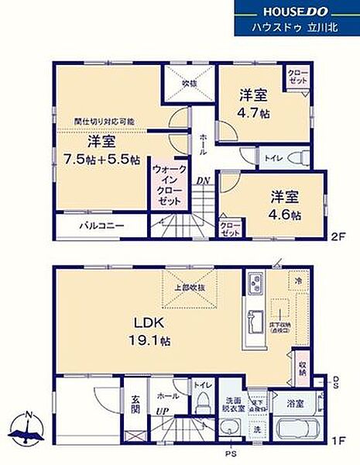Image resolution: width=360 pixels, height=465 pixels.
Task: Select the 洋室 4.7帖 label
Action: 253,104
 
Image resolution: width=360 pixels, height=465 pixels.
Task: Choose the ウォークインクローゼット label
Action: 170,184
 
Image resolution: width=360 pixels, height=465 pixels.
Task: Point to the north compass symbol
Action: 28,428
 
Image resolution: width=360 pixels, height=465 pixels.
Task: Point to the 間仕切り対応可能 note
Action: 105,122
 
